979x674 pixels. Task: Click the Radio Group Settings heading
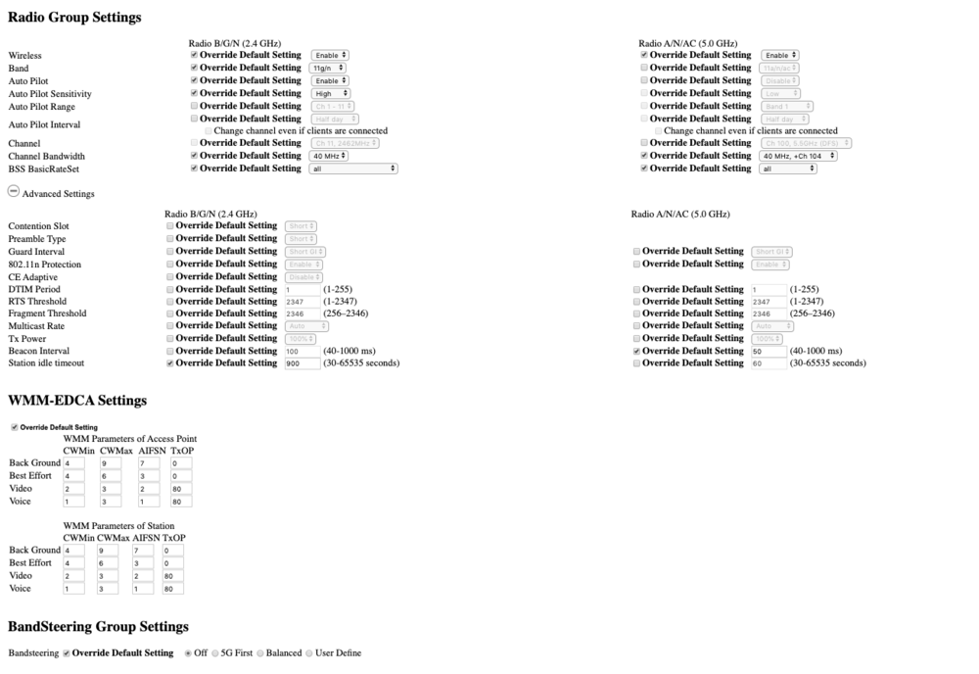pyautogui.click(x=74, y=17)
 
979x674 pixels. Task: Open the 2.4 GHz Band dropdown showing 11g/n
pyautogui.click(x=329, y=68)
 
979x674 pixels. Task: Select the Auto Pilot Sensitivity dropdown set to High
pyautogui.click(x=329, y=93)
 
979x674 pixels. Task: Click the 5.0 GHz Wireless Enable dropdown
pyautogui.click(x=780, y=55)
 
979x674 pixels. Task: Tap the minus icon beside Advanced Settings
pyautogui.click(x=14, y=193)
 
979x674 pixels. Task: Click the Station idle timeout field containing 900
pyautogui.click(x=302, y=363)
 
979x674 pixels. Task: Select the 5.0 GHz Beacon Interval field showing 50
pyautogui.click(x=769, y=351)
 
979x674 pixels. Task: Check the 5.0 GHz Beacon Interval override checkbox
pyautogui.click(x=636, y=351)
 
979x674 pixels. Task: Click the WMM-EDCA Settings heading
pyautogui.click(x=77, y=401)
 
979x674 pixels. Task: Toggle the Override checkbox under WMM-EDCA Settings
pyautogui.click(x=14, y=427)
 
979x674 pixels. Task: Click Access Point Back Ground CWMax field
pyautogui.click(x=110, y=463)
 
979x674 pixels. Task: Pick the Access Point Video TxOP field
pyautogui.click(x=181, y=489)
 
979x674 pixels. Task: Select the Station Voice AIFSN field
pyautogui.click(x=144, y=589)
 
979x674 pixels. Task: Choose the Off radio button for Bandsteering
pyautogui.click(x=188, y=653)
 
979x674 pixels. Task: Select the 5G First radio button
pyautogui.click(x=215, y=653)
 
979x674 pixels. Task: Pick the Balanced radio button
pyautogui.click(x=260, y=653)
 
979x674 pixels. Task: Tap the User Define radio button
pyautogui.click(x=310, y=653)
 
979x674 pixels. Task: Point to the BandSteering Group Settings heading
pyautogui.click(x=98, y=626)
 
